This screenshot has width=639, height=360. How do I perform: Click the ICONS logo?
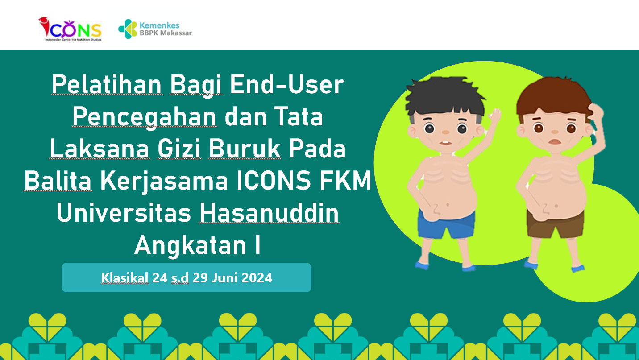(71, 29)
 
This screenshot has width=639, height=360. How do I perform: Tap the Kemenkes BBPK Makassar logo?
(155, 29)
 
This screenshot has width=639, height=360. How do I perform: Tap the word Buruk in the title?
(245, 149)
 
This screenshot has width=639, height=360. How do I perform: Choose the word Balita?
(58, 181)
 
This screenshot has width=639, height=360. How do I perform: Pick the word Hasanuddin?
(269, 213)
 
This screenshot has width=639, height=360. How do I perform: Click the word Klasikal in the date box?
(124, 277)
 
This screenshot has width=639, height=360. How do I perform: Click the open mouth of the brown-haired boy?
(555, 141)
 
